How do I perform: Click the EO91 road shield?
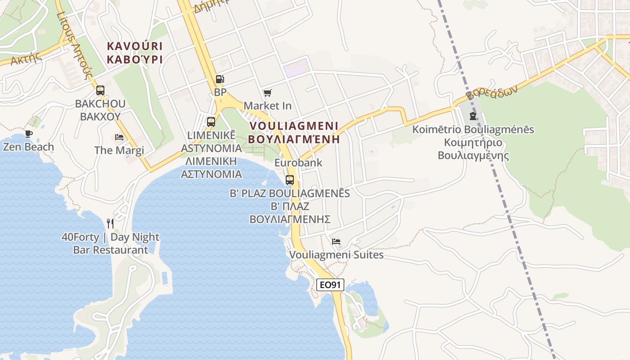tap(330, 285)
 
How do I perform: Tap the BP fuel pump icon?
tap(220, 79)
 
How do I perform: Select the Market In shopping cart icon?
tap(267, 93)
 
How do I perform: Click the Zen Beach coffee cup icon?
tap(29, 134)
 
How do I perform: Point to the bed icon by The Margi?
tap(119, 137)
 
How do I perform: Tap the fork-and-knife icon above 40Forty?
tap(110, 223)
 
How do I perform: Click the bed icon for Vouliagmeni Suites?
tap(336, 242)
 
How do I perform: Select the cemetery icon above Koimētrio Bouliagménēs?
tap(473, 116)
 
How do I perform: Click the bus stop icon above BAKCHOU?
tap(100, 90)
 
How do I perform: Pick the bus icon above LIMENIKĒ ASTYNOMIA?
tap(211, 121)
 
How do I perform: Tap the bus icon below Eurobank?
tap(290, 180)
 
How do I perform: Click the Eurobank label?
tap(298, 162)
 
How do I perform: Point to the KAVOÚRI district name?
tap(135, 46)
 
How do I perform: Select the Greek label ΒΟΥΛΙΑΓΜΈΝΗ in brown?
tap(294, 139)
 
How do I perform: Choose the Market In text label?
tap(267, 106)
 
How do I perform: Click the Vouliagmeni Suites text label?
tap(336, 255)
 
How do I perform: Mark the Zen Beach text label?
tap(28, 147)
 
